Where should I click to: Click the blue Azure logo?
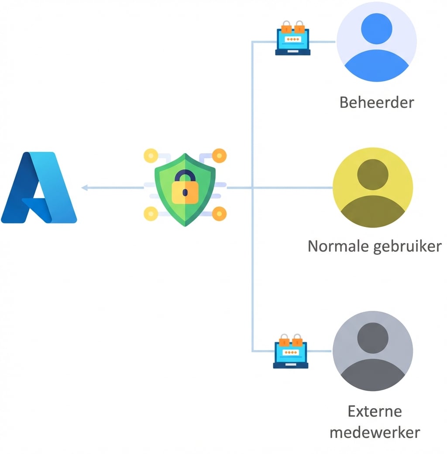pyautogui.click(x=39, y=188)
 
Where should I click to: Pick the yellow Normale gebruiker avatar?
pyautogui.click(x=373, y=188)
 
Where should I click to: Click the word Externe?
pyautogui.click(x=375, y=411)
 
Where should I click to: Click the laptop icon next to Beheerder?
pyautogui.click(x=292, y=39)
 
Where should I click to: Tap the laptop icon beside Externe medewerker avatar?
pyautogui.click(x=291, y=352)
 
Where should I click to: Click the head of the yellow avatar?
pyautogui.click(x=373, y=174)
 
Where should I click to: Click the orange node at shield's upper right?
pyautogui.click(x=220, y=155)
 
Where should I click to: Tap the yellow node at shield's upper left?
pyautogui.click(x=151, y=155)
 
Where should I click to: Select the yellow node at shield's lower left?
pyautogui.click(x=151, y=213)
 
